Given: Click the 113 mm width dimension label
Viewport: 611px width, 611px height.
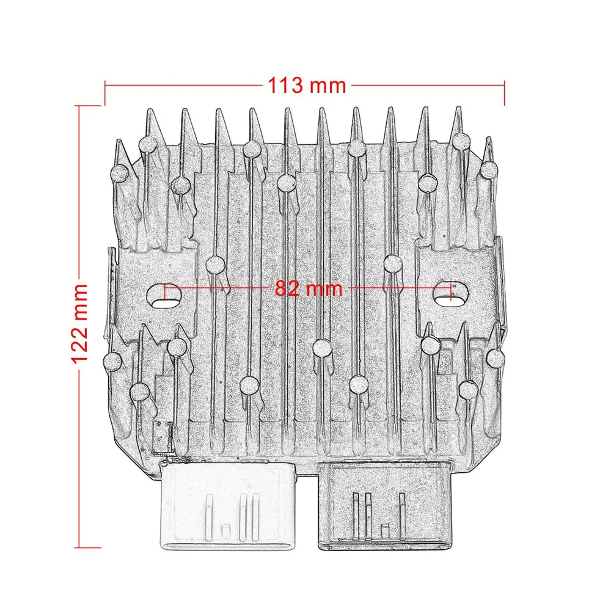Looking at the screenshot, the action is click(307, 86).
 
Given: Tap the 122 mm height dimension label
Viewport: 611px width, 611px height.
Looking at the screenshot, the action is click(79, 324).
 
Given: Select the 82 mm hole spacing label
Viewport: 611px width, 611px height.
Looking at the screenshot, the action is click(309, 289).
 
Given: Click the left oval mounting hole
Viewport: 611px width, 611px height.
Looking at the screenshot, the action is click(165, 298).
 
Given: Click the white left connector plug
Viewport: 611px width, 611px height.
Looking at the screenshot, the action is click(227, 506).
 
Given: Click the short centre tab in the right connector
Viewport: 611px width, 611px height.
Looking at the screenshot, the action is click(385, 532).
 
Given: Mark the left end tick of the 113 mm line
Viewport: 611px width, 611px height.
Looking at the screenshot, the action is click(105, 93).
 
